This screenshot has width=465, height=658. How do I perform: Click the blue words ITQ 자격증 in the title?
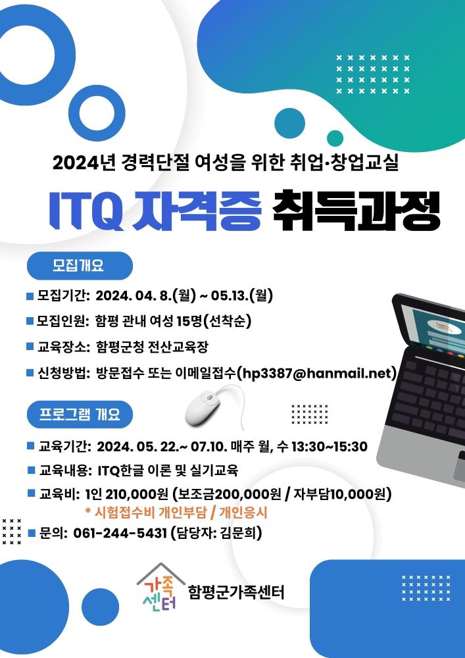pyautogui.click(x=155, y=211)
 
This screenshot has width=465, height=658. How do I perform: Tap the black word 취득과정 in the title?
pyautogui.click(x=356, y=211)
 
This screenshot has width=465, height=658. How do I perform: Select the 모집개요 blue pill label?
pyautogui.click(x=79, y=266)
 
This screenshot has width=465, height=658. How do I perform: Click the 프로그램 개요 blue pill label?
pyautogui.click(x=80, y=414)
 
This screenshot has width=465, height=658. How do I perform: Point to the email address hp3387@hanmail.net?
pyautogui.click(x=316, y=372)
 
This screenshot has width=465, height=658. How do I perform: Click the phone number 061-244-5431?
pyautogui.click(x=120, y=533)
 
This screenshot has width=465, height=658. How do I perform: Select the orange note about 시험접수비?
pyautogui.click(x=176, y=513)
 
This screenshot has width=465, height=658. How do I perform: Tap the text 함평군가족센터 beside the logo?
pyautogui.click(x=237, y=592)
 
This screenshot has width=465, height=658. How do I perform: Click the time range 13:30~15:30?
pyautogui.click(x=329, y=447)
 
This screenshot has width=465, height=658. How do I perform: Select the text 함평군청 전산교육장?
pyautogui.click(x=152, y=347)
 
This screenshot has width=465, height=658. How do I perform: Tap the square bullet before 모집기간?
pyautogui.click(x=30, y=296)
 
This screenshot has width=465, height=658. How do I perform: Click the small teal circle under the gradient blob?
pyautogui.click(x=335, y=138)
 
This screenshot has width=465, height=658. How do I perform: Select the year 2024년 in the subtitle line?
pyautogui.click(x=84, y=163)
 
